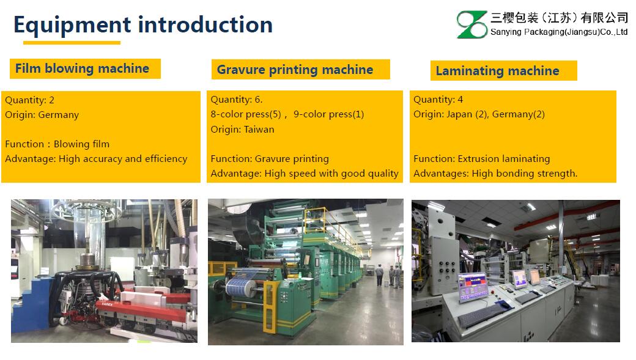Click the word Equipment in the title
point(72,25)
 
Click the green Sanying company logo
point(471,24)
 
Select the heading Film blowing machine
point(82,68)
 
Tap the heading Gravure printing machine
point(295,70)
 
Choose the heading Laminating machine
point(497,71)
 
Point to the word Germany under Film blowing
point(59,115)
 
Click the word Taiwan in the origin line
point(258,130)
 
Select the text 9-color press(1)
point(328,114)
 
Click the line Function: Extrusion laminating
point(481,159)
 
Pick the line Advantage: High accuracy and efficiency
point(96,159)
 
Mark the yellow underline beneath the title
point(72,42)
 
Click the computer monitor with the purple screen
point(473,287)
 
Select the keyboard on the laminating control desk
point(481,315)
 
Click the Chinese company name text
point(559,18)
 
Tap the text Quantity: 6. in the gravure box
point(237,100)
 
